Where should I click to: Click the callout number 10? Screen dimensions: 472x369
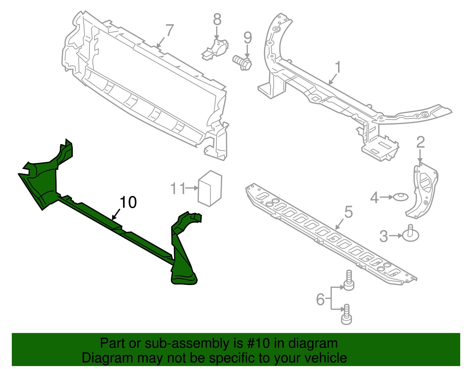(x=128, y=202)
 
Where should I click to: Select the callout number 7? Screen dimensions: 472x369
(x=170, y=30)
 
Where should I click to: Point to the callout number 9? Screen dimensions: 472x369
(x=248, y=38)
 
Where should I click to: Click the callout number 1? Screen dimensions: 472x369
(x=338, y=67)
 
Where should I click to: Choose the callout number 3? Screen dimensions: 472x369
(x=383, y=236)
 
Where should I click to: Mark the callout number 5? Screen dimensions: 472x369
(x=348, y=212)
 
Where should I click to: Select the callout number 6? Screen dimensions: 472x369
(x=320, y=299)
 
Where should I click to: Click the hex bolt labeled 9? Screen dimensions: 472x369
(x=242, y=63)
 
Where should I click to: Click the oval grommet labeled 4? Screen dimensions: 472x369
(x=401, y=197)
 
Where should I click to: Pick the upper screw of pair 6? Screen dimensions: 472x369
(x=349, y=281)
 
